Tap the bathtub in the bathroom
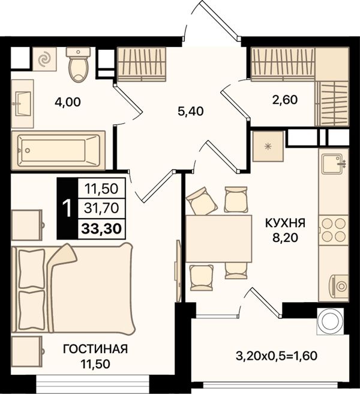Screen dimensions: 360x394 tap(58, 150)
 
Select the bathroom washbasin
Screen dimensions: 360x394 tap(22, 104)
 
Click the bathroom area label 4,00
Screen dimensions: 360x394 tap(68, 102)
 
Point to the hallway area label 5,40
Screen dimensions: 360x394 tap(190, 111)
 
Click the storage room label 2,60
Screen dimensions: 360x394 tap(285, 100)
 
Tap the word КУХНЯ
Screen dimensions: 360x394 tap(285, 223)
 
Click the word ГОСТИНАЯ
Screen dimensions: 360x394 tap(95, 350)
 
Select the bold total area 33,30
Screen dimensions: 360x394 tap(101, 229)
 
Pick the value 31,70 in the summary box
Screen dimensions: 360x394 tap(101, 208)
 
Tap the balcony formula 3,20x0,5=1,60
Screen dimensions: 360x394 tap(277, 356)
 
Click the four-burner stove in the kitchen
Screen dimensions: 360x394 tap(334, 229)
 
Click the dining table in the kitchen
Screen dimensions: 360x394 tap(218, 238)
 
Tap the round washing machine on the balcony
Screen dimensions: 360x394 tap(329, 321)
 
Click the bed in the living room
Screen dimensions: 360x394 tap(73, 288)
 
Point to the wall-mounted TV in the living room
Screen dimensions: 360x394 tap(178, 271)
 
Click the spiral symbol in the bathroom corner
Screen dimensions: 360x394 tap(44, 59)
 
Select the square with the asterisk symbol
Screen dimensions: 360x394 tap(268, 147)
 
